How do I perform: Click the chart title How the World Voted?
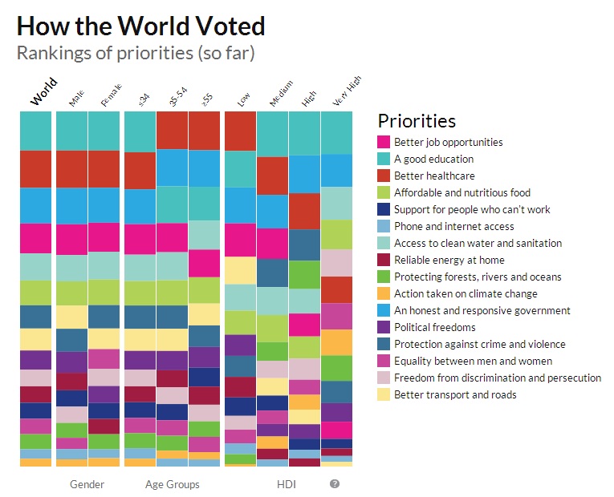pos(140,26)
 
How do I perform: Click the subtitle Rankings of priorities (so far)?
pos(136,54)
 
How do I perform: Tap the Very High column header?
pos(347,91)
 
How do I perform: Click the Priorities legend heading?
pos(417,121)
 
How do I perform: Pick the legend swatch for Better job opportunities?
pos(384,142)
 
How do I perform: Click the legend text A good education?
pos(433,159)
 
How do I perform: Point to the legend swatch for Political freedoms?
pos(384,327)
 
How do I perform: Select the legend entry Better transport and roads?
pos(455,394)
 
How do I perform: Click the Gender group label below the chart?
pos(87,484)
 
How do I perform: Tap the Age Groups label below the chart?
pos(173,484)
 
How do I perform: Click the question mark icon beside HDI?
pos(335,484)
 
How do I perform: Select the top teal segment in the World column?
pos(35,131)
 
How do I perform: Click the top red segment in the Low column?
pos(240,131)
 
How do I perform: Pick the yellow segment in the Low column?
pos(240,270)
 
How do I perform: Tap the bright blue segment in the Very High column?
pos(336,170)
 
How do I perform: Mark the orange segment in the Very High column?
pos(336,342)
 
